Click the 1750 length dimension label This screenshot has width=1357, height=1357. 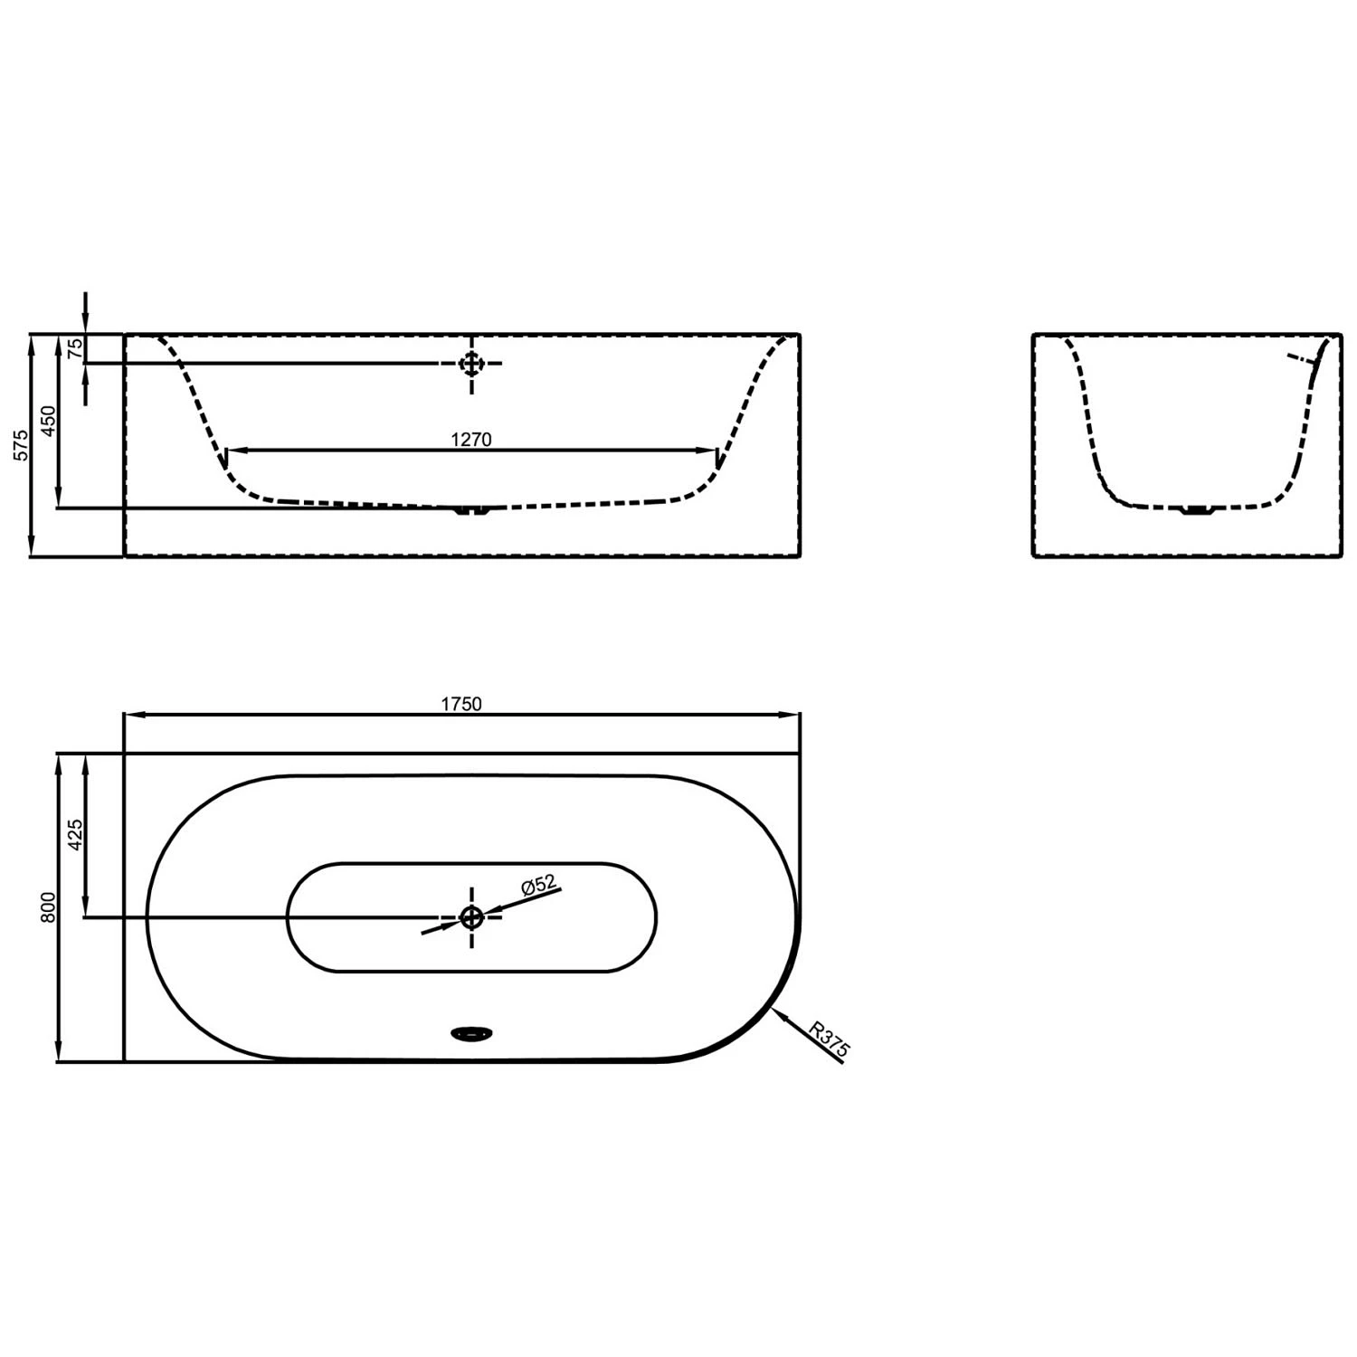pos(461,704)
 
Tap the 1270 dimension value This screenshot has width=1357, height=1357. pos(470,440)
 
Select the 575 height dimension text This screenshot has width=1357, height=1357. pos(22,445)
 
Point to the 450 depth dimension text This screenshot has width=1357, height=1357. pos(49,421)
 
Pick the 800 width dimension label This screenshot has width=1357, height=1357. pos(49,906)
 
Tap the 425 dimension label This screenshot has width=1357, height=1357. pos(76,834)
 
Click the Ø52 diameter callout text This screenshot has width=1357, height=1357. pos(537,885)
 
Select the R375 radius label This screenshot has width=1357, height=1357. pos(829,1039)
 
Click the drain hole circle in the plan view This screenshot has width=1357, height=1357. pos(471,917)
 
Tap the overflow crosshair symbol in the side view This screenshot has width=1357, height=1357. pos(471,364)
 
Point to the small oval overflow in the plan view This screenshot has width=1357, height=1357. pos(471,1032)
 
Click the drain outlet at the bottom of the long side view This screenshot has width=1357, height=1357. pos(470,512)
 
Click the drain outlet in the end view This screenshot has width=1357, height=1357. pos(1196,512)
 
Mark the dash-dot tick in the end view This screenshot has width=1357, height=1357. pos(1304,359)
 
